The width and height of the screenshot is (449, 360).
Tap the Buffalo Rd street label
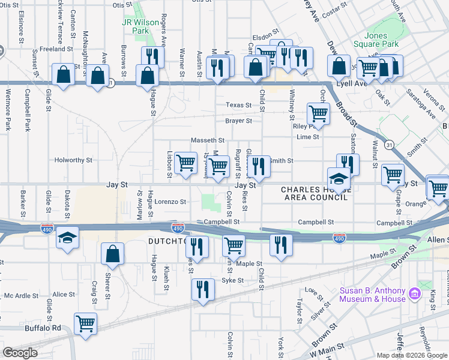coord(43,328)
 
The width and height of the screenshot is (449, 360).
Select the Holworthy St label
coord(73,161)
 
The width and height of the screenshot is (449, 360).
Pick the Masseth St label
coord(208,140)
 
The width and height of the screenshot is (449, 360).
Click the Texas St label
coord(238,105)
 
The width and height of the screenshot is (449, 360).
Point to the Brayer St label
coord(238,121)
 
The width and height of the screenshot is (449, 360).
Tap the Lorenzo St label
coord(170,202)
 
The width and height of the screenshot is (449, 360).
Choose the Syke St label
coord(233,280)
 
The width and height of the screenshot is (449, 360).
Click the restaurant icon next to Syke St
coord(203,289)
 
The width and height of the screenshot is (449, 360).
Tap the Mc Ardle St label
coord(21,295)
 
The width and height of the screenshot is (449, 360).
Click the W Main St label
coord(327,346)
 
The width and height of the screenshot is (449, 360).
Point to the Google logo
coord(20,353)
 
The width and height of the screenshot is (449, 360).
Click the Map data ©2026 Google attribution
coord(412,355)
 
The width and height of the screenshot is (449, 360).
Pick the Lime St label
coord(307,137)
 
